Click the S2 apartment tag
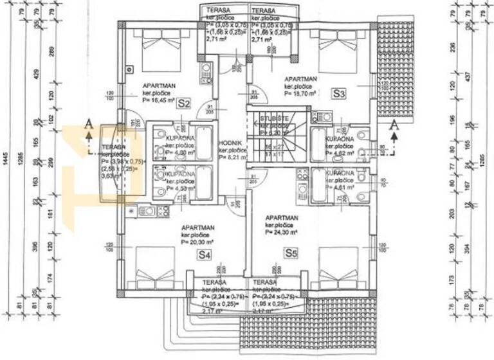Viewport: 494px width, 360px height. click(x=185, y=102)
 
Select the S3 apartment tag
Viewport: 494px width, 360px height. click(x=340, y=94)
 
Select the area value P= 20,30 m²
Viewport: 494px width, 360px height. click(x=198, y=242)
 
